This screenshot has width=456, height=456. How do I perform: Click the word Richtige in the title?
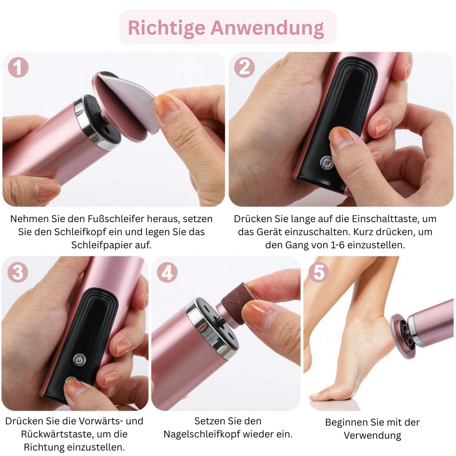tap(167, 28)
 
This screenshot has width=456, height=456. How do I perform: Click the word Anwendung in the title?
tap(267, 28)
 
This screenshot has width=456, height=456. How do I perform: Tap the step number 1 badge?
tap(18, 68)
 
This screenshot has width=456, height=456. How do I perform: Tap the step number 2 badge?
tap(244, 68)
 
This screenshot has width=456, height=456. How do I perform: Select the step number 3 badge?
tap(18, 273)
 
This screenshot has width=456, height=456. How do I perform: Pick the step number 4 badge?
tap(167, 273)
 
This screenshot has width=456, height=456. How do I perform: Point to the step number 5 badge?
tap(319, 273)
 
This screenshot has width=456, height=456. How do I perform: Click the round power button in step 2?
tap(326, 163)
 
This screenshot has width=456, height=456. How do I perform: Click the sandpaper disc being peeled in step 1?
tap(128, 100)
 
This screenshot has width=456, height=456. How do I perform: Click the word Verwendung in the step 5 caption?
tap(372, 436)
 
